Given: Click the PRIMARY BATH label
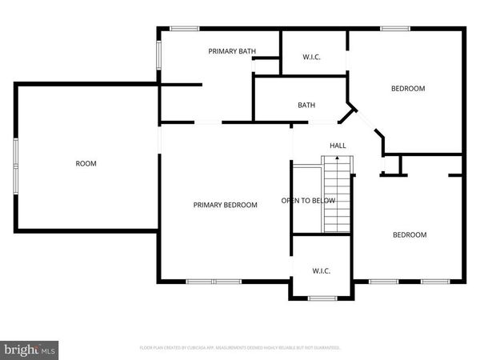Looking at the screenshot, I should (x=232, y=51).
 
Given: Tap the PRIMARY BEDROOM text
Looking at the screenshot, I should (x=226, y=205).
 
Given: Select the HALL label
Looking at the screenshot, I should (x=338, y=145).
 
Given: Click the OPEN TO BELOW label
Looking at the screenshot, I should (x=308, y=200).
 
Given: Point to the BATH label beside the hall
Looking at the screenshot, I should (x=306, y=105).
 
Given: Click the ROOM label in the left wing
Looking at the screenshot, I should (x=86, y=163).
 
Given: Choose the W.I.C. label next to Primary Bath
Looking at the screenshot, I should (x=312, y=57).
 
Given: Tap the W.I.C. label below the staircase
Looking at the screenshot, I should (x=320, y=270).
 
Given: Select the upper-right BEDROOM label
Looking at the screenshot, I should (x=407, y=88).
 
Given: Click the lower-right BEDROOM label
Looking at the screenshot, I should (x=409, y=234).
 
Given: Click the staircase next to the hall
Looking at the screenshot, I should (x=337, y=192).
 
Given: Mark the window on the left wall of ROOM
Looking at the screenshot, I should (x=14, y=164).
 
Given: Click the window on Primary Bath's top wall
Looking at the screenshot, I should (x=185, y=30).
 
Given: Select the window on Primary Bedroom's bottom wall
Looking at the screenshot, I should (x=214, y=282).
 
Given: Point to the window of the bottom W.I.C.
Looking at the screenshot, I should (x=322, y=298).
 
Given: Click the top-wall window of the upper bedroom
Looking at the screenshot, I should (x=394, y=30).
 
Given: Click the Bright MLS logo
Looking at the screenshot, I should (x=30, y=350).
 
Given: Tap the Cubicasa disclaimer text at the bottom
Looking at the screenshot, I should (x=240, y=348).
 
